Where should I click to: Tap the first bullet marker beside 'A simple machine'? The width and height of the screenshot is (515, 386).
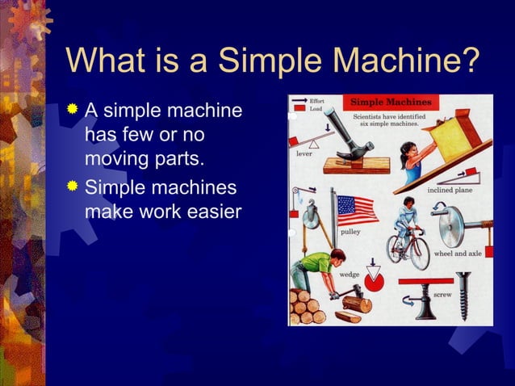(74, 109)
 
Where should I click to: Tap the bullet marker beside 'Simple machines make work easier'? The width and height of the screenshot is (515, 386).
(74, 188)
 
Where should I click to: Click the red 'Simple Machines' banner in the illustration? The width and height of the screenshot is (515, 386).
(391, 103)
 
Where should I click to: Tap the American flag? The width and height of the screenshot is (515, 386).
(357, 210)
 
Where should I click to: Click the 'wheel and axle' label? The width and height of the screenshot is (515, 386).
(458, 254)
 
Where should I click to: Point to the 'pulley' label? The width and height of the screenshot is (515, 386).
(350, 232)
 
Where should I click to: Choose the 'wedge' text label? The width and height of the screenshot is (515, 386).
(349, 275)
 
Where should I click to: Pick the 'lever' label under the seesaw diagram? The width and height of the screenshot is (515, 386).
(304, 153)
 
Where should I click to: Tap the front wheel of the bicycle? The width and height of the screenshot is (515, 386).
(417, 252)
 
